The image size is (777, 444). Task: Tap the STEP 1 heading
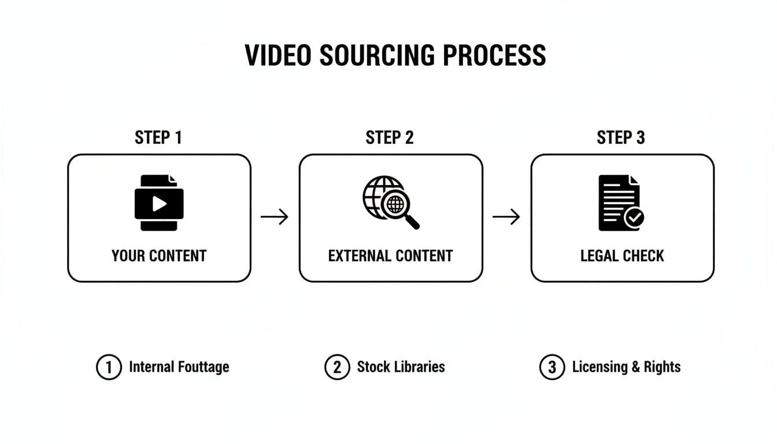coord(158,138)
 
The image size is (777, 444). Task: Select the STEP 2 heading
coord(390,138)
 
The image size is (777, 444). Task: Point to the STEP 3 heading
coord(621,138)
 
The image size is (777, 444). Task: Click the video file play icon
coord(159,203)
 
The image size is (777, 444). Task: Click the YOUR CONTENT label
coord(159,256)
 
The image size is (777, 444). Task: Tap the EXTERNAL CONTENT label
coord(390,256)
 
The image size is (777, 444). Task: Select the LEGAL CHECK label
coord(622,256)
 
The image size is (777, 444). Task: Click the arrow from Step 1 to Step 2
coord(275,217)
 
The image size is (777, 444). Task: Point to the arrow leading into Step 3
coord(506,217)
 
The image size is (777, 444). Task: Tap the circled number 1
coord(108,368)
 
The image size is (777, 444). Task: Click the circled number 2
coord(337,368)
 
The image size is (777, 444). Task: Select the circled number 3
coord(552,368)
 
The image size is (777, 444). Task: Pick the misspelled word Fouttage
coord(203,367)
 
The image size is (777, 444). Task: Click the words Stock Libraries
coord(401,367)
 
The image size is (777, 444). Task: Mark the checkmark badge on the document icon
coord(635,217)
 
